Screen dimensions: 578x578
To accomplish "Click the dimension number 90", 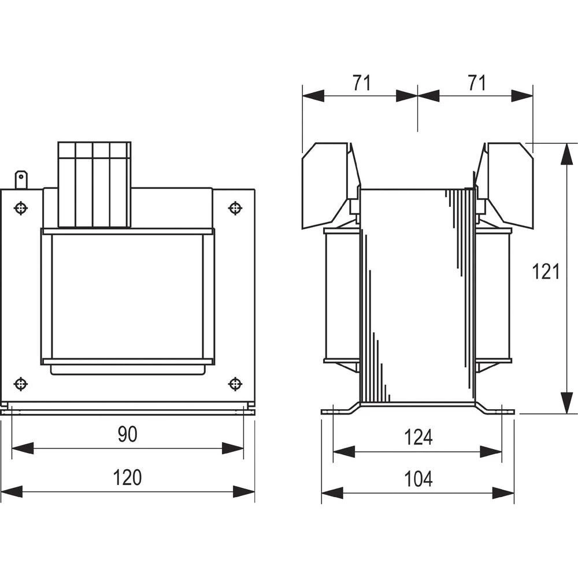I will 127,434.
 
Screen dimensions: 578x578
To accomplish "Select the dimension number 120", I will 127,477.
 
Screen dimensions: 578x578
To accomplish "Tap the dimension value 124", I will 418,437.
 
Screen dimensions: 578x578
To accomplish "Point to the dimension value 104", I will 418,479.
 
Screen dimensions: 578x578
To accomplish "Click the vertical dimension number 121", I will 546,271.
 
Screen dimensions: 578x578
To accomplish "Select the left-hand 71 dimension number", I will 361,83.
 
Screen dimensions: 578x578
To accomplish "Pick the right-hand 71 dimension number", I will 476,83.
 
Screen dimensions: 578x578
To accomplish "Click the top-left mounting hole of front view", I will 21,208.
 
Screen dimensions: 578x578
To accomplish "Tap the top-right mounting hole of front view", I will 235,208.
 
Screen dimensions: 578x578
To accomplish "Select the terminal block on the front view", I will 95,184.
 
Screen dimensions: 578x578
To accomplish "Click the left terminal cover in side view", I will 329,182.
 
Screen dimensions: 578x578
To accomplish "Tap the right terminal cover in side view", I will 506,182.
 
